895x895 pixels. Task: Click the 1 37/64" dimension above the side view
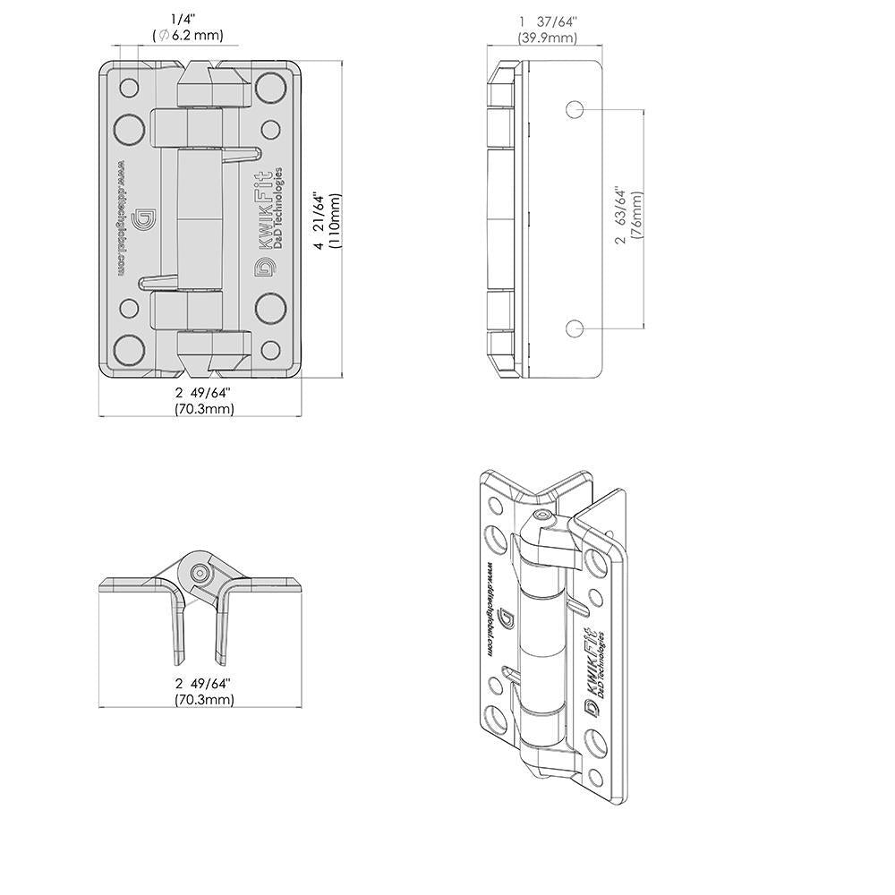tap(547, 21)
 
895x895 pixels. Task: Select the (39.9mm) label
tap(547, 38)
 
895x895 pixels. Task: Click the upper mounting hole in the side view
tap(575, 110)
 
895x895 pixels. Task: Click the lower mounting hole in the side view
tap(575, 328)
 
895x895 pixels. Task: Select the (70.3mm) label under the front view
tap(204, 409)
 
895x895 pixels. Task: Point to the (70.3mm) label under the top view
tap(204, 700)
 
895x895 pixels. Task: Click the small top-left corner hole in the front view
tap(130, 88)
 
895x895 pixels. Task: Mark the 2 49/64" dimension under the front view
tap(204, 392)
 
